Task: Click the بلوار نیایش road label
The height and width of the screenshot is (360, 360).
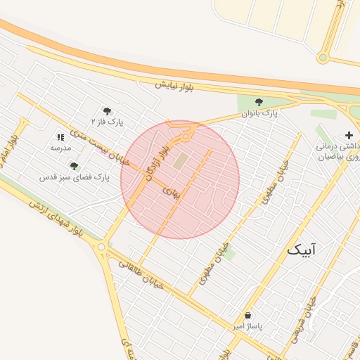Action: [173, 85]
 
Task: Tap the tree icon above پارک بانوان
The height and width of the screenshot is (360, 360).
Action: [259, 103]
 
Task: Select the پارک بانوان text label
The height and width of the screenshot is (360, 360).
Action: [260, 112]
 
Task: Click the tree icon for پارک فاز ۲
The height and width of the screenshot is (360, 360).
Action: [107, 111]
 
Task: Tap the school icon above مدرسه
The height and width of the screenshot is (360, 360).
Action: [60, 138]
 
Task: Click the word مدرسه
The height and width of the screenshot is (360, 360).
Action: [60, 148]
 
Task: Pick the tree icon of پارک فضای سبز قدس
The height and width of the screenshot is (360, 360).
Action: [74, 167]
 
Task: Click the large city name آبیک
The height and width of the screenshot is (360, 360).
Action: [302, 250]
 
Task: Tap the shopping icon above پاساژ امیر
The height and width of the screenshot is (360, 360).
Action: [247, 316]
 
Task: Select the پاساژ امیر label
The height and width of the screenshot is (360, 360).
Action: [247, 327]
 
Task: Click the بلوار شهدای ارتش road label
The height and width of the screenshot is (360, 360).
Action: [56, 219]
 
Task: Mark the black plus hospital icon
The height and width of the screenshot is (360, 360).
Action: [349, 135]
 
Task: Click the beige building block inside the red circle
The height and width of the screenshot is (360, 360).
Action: [181, 161]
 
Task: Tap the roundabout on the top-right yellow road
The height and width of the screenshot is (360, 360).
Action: [323, 58]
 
